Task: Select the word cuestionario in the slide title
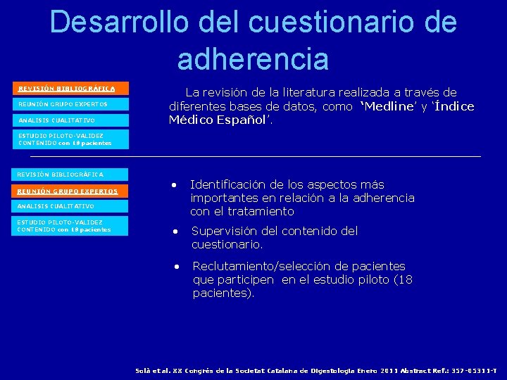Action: (x=342, y=22)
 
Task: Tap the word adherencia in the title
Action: (x=253, y=59)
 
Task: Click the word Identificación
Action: (x=234, y=184)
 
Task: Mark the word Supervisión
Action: (x=225, y=231)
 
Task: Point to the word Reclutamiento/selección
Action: (x=264, y=266)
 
